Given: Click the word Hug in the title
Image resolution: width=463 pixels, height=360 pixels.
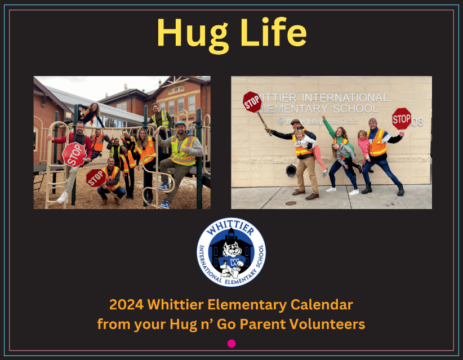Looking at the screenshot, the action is [x=193, y=35].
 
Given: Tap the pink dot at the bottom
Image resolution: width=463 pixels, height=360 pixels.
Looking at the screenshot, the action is [x=231, y=344].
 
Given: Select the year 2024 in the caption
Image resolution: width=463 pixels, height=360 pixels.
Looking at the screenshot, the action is [x=126, y=304].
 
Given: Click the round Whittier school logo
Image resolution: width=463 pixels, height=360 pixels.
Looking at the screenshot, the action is [x=231, y=252].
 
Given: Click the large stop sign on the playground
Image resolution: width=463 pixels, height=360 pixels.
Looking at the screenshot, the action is [x=74, y=154].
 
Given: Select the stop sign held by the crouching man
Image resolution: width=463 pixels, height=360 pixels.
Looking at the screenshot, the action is [x=96, y=178].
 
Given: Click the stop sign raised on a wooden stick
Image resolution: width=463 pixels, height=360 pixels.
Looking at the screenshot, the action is [x=252, y=102].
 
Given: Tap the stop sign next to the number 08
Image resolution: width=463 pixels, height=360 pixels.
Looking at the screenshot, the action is [x=402, y=119].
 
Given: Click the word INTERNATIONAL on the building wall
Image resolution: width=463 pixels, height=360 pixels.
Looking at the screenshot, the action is [x=345, y=97].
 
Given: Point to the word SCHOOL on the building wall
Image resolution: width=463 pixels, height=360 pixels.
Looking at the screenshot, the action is [x=355, y=109].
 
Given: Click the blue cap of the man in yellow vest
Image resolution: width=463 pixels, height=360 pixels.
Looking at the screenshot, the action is [x=180, y=124].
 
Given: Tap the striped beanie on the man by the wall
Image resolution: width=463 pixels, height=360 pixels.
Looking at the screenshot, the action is [x=373, y=121].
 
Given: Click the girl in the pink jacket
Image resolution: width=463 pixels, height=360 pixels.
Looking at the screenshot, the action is [x=363, y=148].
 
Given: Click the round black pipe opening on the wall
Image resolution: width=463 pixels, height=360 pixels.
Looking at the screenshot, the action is [x=291, y=170].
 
